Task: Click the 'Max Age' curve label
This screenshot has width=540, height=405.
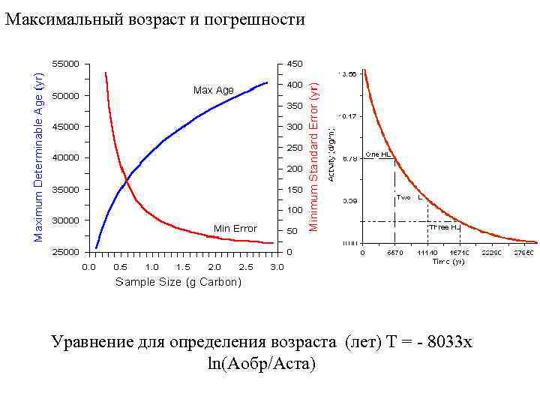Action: [214, 90]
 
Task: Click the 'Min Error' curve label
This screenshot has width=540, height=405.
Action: [235, 229]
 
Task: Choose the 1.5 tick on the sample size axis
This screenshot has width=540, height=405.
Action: [182, 267]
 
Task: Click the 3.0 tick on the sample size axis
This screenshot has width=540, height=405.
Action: [277, 267]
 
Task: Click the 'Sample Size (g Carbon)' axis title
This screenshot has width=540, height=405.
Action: [178, 282]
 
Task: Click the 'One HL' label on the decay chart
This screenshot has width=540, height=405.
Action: [377, 154]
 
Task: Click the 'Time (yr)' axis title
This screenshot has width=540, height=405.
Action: [448, 262]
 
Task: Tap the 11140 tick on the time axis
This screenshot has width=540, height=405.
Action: [427, 253]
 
